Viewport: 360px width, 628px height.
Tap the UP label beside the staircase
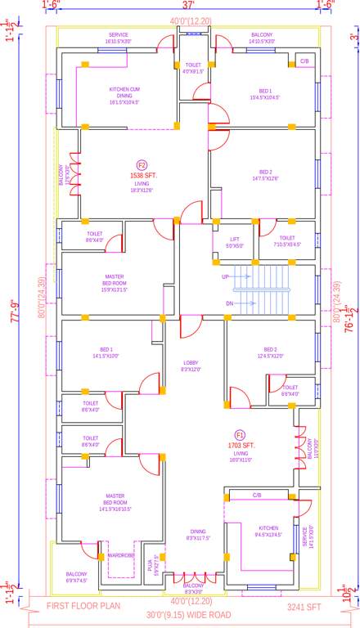pos(226,277)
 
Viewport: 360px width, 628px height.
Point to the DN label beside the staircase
pos(230,303)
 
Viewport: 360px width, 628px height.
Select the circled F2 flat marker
pos(142,166)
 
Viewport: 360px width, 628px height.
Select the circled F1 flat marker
pos(241,434)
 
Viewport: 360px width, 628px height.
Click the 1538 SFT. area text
pos(142,176)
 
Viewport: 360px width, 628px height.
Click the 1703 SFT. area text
pos(241,445)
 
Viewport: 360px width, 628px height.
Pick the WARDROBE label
pos(120,557)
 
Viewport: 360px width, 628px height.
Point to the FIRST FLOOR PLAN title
pos(84,607)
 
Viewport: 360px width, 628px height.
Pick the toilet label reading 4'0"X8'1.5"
pos(193,68)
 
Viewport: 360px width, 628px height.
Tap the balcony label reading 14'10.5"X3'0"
pos(263,38)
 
